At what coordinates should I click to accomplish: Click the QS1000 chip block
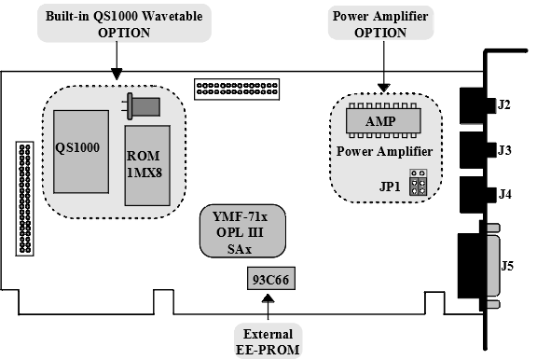point(81,152)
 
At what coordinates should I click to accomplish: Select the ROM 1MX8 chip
point(147,165)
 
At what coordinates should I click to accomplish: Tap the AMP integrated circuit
point(383,120)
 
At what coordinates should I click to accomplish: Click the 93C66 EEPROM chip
point(271,279)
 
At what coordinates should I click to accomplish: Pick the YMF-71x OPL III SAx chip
point(242,231)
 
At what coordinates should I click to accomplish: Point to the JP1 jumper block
point(419,182)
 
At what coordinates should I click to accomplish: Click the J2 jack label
point(503,104)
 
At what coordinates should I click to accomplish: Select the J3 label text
point(504,150)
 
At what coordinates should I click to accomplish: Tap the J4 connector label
point(504,194)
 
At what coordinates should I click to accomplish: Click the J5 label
point(507,266)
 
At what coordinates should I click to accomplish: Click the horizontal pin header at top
point(237,89)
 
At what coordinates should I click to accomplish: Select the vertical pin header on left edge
point(24,199)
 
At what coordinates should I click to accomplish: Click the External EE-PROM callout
point(268,341)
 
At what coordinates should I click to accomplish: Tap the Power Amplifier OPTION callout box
point(380,24)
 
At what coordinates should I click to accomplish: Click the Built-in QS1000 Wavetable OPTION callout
point(124,24)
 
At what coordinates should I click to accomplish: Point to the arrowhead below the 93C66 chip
point(268,299)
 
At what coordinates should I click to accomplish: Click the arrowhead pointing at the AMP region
point(383,88)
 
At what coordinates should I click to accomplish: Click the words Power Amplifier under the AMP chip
point(384,151)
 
